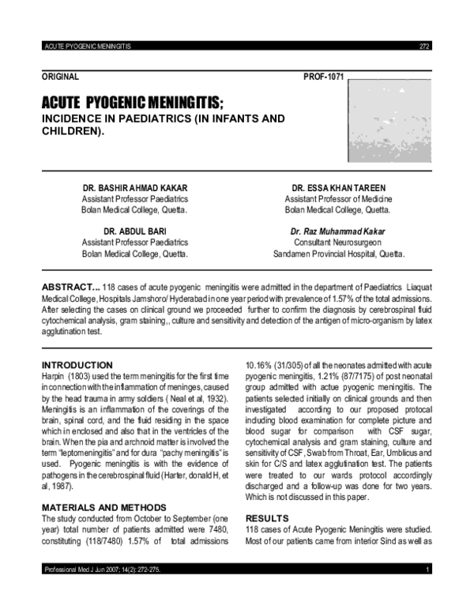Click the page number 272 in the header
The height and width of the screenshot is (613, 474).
click(x=423, y=47)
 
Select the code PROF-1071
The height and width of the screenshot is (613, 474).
click(x=324, y=77)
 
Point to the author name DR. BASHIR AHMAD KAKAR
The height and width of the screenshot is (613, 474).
click(x=135, y=188)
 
